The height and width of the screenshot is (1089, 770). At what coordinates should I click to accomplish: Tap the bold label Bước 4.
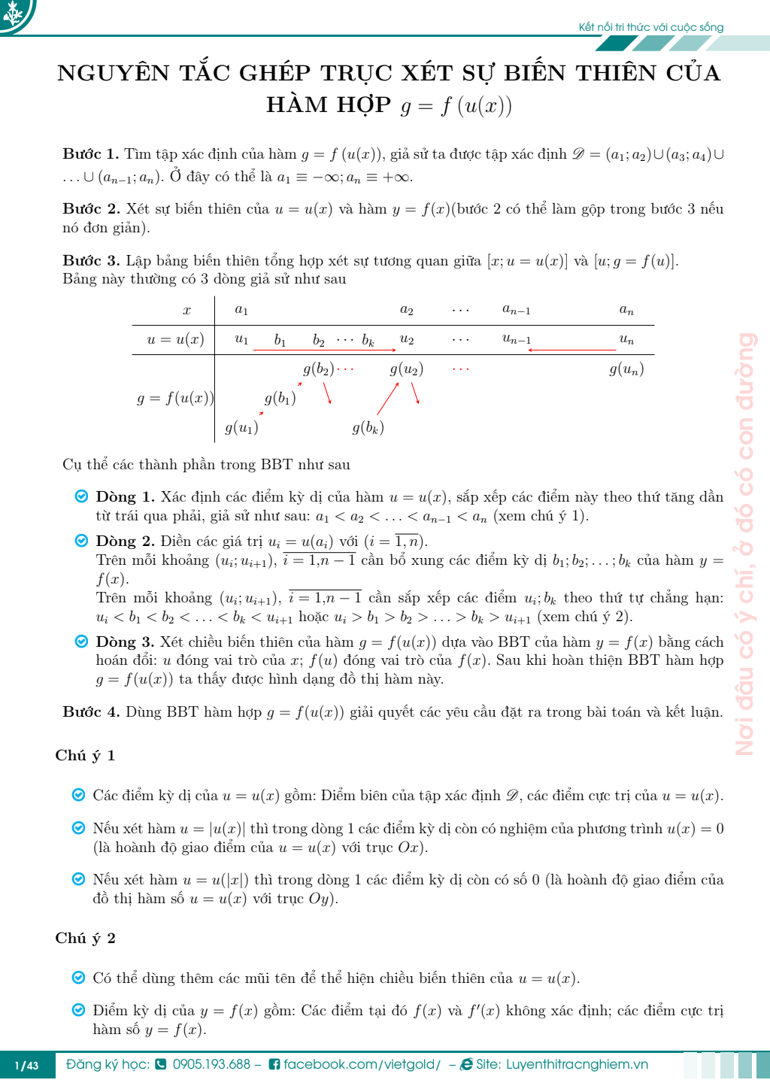click(90, 712)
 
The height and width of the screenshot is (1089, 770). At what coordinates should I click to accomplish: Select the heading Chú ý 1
click(85, 756)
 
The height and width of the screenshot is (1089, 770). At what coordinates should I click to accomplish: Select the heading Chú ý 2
click(85, 939)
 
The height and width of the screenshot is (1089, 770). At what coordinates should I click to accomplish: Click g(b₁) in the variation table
click(280, 399)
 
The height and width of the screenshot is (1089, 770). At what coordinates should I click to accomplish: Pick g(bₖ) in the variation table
click(368, 428)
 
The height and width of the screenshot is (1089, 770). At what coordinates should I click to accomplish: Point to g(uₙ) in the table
click(626, 369)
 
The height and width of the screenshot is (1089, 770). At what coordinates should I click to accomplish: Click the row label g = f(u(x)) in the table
click(174, 399)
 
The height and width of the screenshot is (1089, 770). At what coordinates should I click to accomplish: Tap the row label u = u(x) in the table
click(175, 339)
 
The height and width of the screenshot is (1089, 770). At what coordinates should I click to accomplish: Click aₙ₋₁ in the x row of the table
click(517, 310)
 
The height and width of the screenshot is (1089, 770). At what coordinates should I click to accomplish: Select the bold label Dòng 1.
click(125, 497)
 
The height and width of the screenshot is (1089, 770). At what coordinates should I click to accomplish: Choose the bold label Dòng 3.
click(125, 642)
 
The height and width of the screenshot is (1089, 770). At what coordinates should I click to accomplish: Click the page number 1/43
click(27, 1066)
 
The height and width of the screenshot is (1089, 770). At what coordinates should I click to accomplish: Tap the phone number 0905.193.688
click(211, 1065)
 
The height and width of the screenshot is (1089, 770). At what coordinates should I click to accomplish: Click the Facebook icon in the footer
click(274, 1065)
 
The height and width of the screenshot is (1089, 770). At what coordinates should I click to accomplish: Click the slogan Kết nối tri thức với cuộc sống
click(650, 27)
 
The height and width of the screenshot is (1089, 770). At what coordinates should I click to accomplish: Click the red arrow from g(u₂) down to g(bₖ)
click(387, 399)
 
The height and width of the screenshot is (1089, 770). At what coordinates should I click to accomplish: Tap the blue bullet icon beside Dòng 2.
click(81, 541)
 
